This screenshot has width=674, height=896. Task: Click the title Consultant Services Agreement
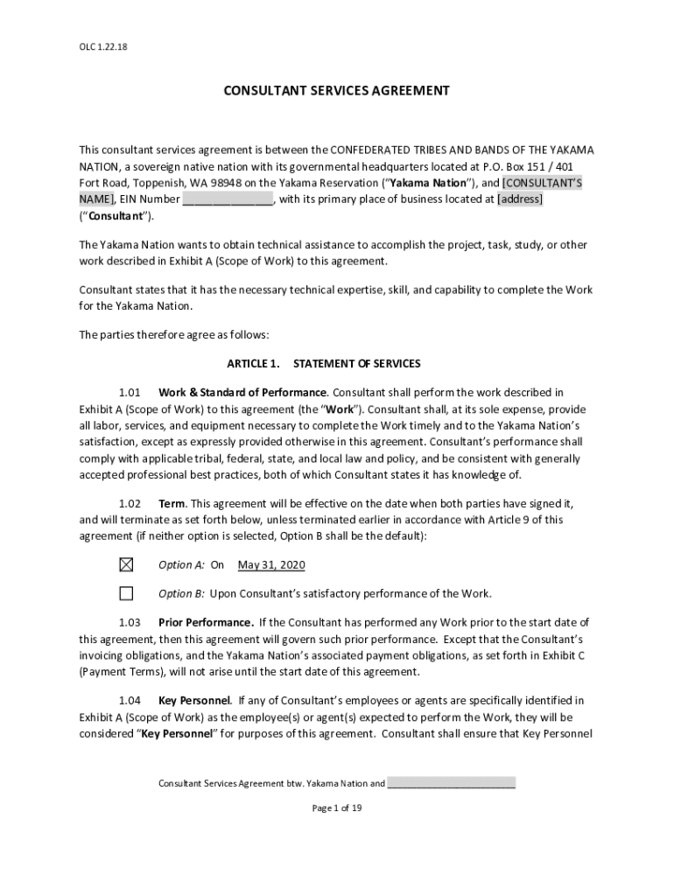(337, 91)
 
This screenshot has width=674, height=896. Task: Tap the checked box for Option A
(126, 564)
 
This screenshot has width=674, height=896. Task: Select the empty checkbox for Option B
(126, 593)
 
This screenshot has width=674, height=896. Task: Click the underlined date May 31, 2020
(271, 565)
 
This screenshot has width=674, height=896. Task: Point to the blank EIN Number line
(228, 199)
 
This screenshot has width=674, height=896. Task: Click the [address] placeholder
(520, 199)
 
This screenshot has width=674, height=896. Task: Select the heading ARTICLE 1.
(253, 363)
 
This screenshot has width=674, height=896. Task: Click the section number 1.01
(130, 392)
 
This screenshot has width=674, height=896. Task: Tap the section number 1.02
(130, 504)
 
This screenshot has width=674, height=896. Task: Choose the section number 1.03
(130, 623)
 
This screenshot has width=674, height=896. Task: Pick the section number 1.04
(130, 701)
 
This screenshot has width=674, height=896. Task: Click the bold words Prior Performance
(207, 623)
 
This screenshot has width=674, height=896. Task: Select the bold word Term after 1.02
(172, 504)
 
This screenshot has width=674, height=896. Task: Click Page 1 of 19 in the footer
(337, 808)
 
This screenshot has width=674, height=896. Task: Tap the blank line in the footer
(451, 783)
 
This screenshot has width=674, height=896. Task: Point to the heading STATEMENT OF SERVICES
(357, 363)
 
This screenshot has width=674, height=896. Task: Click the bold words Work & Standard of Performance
(242, 392)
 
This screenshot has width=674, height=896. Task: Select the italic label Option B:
(181, 594)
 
